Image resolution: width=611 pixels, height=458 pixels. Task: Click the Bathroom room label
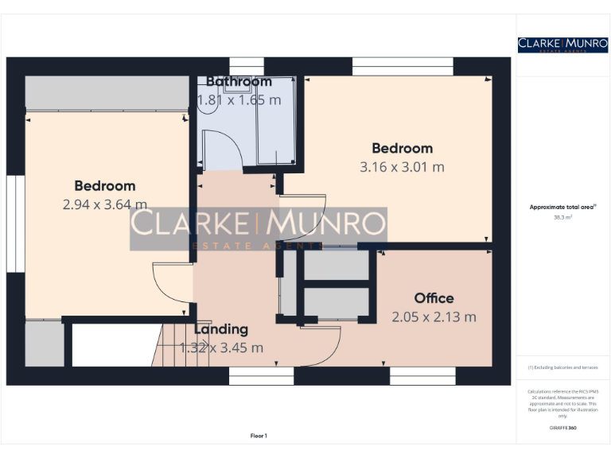click(239, 81)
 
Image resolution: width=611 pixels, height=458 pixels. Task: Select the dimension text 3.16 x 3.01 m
click(402, 167)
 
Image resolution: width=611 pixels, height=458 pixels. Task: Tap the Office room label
click(434, 298)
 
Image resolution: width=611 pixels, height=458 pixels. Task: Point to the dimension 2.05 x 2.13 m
click(434, 316)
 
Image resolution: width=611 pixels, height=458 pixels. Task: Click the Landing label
click(220, 329)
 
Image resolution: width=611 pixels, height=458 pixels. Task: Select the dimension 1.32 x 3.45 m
click(220, 347)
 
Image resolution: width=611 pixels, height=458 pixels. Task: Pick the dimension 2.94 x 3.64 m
click(104, 204)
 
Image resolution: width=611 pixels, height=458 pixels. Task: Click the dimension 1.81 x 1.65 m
click(239, 100)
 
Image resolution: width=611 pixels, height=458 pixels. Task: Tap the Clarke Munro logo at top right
click(562, 45)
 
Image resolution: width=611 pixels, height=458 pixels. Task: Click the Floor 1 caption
click(259, 436)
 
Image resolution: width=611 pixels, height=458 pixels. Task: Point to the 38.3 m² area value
click(562, 216)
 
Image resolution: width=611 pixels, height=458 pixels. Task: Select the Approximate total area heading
click(562, 207)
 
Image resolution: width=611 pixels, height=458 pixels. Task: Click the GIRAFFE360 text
click(562, 429)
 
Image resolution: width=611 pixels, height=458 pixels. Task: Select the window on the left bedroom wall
click(11, 223)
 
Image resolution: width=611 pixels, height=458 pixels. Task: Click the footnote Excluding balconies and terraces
click(562, 367)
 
